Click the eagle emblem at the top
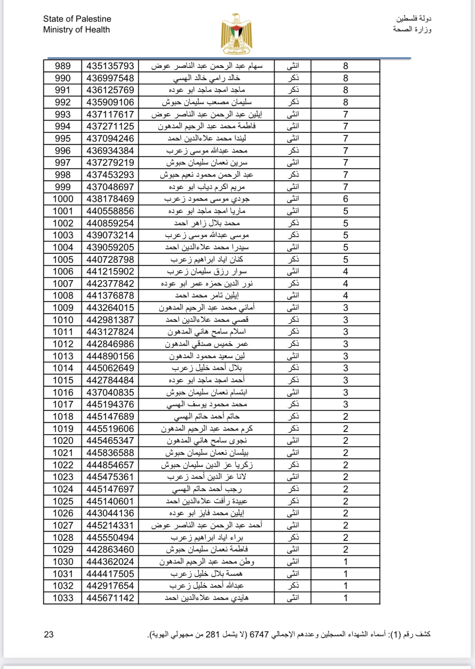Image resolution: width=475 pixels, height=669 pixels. point(237,34)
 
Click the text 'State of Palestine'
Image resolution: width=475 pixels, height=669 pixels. point(77,19)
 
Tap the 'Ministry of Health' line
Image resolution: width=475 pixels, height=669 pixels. point(76,30)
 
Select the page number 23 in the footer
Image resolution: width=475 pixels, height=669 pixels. point(49,635)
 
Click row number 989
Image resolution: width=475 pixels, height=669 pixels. point(63,66)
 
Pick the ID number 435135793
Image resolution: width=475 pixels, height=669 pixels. point(110,66)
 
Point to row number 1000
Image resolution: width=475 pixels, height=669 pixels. point(63,199)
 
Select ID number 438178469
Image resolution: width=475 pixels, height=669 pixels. point(110,199)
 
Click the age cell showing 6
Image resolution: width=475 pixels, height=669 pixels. point(346,199)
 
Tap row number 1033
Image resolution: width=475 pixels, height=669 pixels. point(63,598)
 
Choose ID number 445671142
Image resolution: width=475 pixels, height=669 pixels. point(110,598)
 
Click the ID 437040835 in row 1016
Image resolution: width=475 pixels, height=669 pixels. point(110,392)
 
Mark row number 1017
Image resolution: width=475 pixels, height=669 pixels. point(63,404)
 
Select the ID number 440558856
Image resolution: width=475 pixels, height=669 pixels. point(110,211)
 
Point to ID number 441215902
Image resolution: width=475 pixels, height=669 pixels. point(110,271)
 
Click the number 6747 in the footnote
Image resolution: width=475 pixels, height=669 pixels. point(259,635)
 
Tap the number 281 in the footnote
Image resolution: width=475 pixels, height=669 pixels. point(213,635)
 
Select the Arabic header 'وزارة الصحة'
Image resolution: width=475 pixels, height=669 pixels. point(412,29)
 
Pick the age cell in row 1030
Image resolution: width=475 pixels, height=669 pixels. point(346,562)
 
